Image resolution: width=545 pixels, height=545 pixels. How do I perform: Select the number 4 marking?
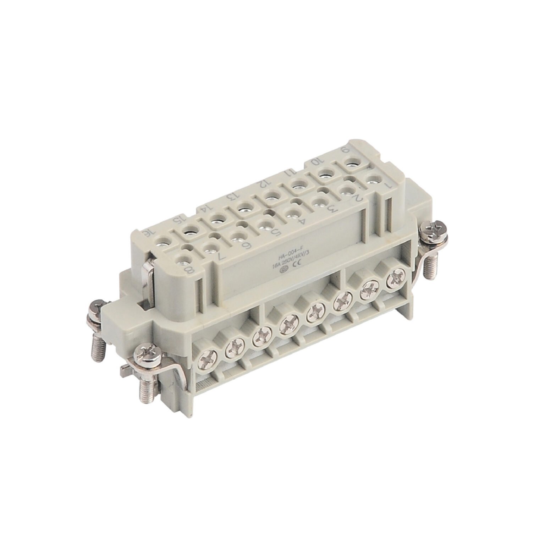pyautogui.click(x=302, y=222)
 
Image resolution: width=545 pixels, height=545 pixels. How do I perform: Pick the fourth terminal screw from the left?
pyautogui.click(x=287, y=327)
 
